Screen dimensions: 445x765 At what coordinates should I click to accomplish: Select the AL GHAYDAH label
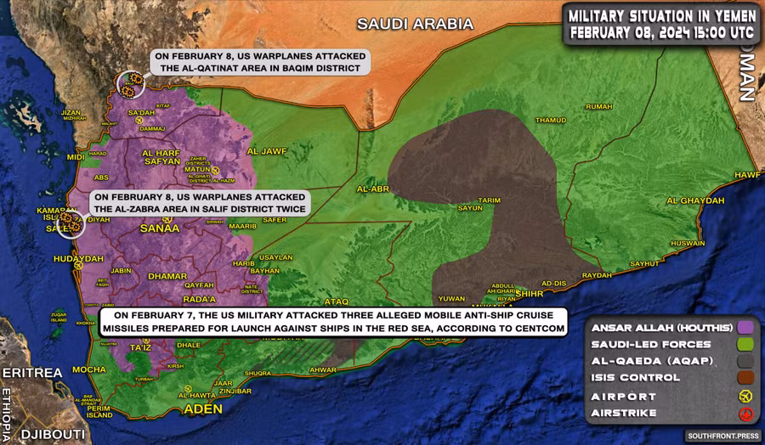[x=695, y=200]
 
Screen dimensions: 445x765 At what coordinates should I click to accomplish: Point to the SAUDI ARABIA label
[x=415, y=24]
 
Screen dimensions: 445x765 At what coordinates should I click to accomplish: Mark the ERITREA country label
[x=32, y=373]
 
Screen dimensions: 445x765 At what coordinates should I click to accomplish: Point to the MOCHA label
[x=89, y=369]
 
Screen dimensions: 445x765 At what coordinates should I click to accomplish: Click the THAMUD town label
[x=551, y=121]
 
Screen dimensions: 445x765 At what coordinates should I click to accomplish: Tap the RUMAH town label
[x=598, y=106]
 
